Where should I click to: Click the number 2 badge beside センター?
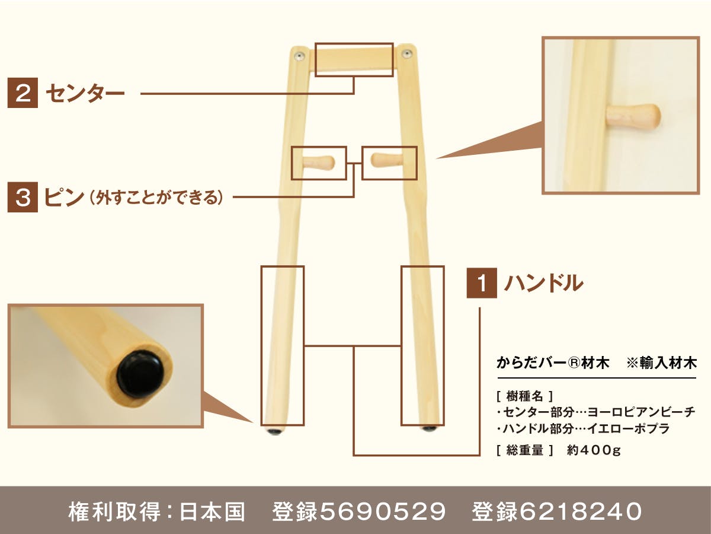tap(23, 93)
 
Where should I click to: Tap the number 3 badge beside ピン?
tap(23, 197)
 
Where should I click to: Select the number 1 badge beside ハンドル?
tap(482, 283)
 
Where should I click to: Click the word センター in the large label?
tap(85, 93)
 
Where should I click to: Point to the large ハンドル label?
tap(544, 283)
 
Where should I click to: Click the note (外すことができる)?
tap(156, 198)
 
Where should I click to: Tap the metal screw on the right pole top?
tap(406, 53)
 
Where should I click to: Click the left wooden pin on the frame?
tap(319, 162)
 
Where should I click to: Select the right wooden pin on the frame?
tap(387, 160)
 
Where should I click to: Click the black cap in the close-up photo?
tap(140, 375)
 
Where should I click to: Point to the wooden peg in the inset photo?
tap(633, 116)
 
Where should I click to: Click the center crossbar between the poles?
tap(354, 60)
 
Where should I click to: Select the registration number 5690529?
tap(383, 511)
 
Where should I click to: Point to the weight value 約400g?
tap(594, 450)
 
